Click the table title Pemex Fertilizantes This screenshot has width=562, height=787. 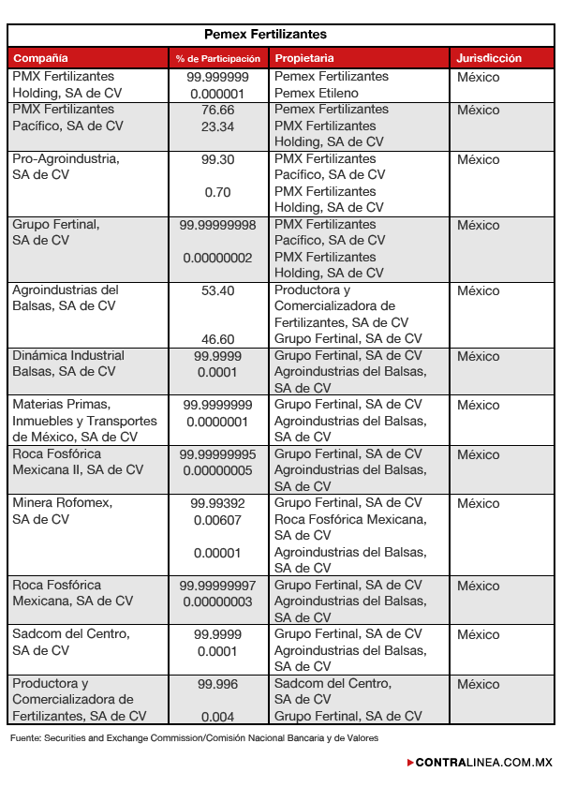point(279,35)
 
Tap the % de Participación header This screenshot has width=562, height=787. point(217,59)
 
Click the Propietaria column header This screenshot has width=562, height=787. point(304,58)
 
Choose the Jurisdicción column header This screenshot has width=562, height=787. point(489,58)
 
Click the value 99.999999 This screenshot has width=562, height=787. point(217,77)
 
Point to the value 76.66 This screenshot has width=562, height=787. point(217,110)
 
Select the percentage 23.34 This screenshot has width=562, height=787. point(217,126)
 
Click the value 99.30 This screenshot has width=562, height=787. point(217,159)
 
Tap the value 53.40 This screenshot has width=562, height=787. point(217,290)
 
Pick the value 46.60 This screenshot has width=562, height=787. point(217,339)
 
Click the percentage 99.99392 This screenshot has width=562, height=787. point(217,503)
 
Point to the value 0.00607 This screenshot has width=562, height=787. point(217,520)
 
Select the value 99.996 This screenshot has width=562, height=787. point(217,684)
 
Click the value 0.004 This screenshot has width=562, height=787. point(217,717)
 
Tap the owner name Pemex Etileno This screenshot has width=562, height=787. point(317,94)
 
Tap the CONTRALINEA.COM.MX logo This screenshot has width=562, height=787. point(482,763)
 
